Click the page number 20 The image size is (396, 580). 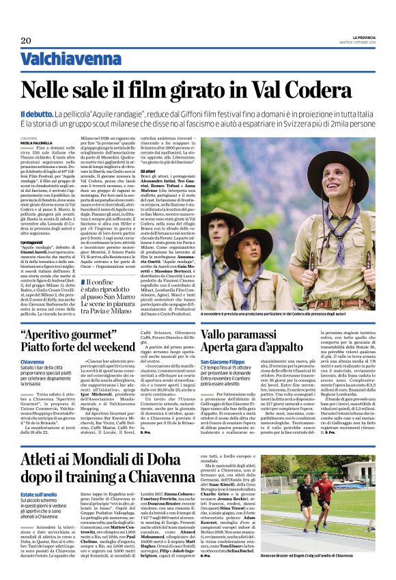[27, 40]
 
